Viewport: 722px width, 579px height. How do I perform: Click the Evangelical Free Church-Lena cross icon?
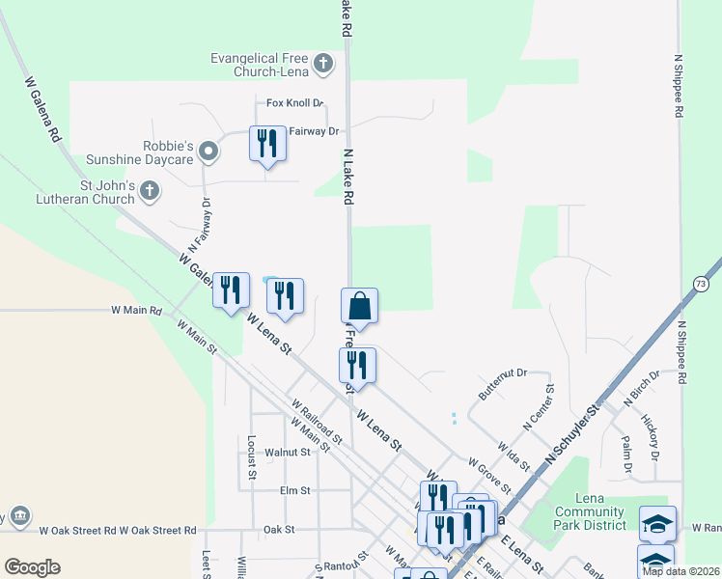pyautogui.click(x=323, y=65)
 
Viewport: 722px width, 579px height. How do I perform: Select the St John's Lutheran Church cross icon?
pyautogui.click(x=149, y=192)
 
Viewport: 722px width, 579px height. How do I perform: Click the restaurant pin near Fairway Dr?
pyautogui.click(x=267, y=144)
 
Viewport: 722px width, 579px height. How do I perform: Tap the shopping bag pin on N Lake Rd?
pyautogui.click(x=359, y=306)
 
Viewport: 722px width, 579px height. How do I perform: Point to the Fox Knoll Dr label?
pyautogui.click(x=294, y=103)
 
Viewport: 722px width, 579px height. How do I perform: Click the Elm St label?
pyautogui.click(x=293, y=490)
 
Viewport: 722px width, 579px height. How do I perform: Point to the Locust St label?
pyautogui.click(x=251, y=456)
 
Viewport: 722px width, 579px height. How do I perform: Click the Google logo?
pyautogui.click(x=32, y=567)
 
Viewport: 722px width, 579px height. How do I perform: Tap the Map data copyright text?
pyautogui.click(x=680, y=571)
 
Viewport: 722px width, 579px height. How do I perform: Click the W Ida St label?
pyautogui.click(x=513, y=456)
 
